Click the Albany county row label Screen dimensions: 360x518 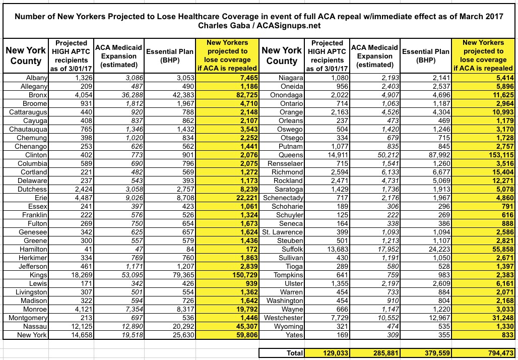(x=36, y=77)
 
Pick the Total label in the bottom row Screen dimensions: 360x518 (x=294, y=353)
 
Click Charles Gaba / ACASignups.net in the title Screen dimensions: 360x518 (x=258, y=25)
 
